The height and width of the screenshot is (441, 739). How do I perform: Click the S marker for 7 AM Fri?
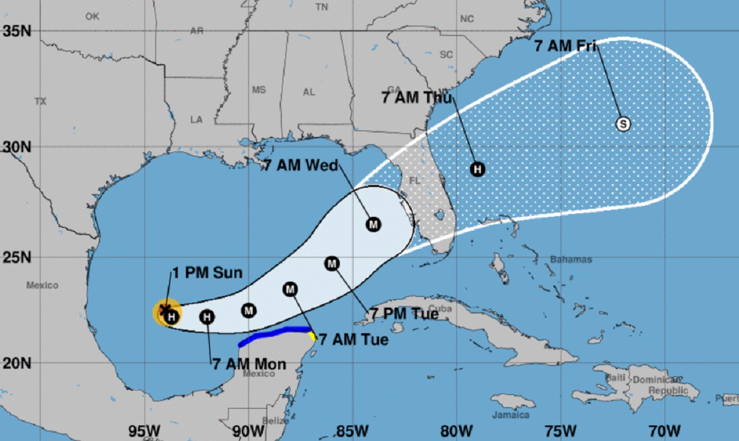pyautogui.click(x=623, y=124)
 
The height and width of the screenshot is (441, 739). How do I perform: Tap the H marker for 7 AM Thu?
pyautogui.click(x=477, y=169)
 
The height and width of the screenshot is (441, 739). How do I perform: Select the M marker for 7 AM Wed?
pyautogui.click(x=373, y=225)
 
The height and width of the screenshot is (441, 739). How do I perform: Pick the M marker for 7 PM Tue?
pyautogui.click(x=332, y=264)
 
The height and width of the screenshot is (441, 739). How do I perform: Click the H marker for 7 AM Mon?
pyautogui.click(x=207, y=316)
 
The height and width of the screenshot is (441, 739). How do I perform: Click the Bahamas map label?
pyautogui.click(x=571, y=259)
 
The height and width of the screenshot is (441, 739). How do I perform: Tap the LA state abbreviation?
pyautogui.click(x=196, y=120)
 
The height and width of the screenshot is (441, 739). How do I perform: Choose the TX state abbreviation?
pyautogui.click(x=41, y=101)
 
